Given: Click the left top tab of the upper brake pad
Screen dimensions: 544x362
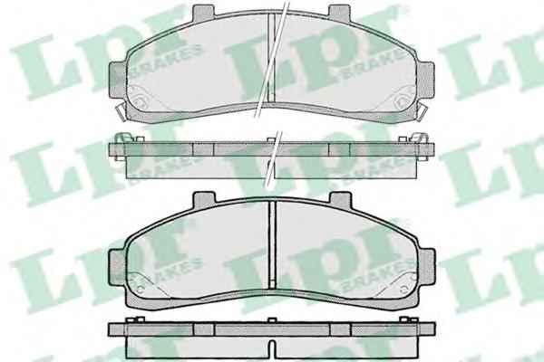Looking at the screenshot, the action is (x=204, y=12).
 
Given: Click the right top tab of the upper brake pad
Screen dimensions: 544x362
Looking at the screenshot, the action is (x=339, y=12).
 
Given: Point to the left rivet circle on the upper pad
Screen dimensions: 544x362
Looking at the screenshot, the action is (x=139, y=101).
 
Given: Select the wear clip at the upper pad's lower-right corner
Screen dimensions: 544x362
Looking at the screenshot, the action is (x=423, y=111).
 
